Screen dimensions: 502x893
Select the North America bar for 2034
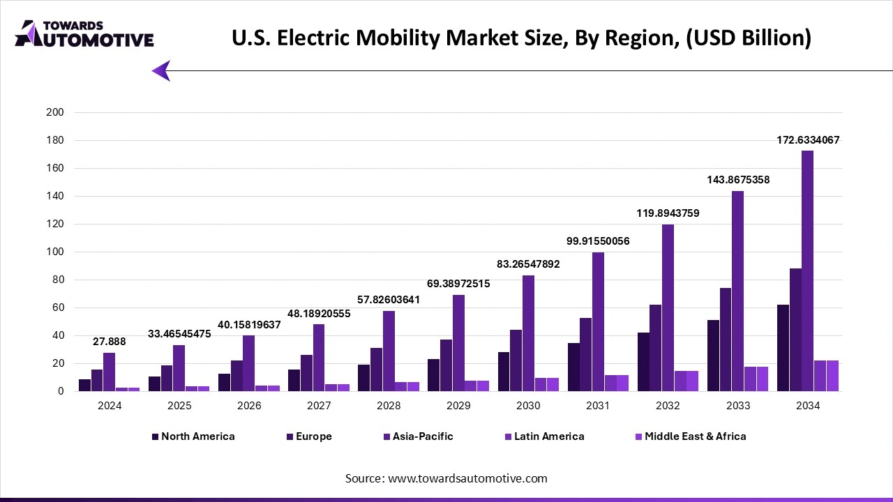point(783,348)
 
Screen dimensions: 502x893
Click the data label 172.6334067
point(808,140)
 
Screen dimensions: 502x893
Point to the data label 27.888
point(110,342)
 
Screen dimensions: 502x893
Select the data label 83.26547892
point(528,264)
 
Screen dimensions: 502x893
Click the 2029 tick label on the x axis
point(458,405)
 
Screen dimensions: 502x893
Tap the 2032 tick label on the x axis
point(668,405)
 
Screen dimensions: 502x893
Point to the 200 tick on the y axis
point(54,112)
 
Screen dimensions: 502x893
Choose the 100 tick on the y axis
point(54,252)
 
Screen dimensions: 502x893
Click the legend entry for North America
point(197,436)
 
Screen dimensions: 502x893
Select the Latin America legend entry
point(548,436)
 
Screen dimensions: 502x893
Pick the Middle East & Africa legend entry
point(695,436)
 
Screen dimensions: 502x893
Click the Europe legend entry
point(313,436)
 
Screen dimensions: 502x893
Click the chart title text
point(521,38)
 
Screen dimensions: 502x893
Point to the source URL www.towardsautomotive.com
point(446,478)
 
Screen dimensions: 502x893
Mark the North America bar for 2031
point(573,367)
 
